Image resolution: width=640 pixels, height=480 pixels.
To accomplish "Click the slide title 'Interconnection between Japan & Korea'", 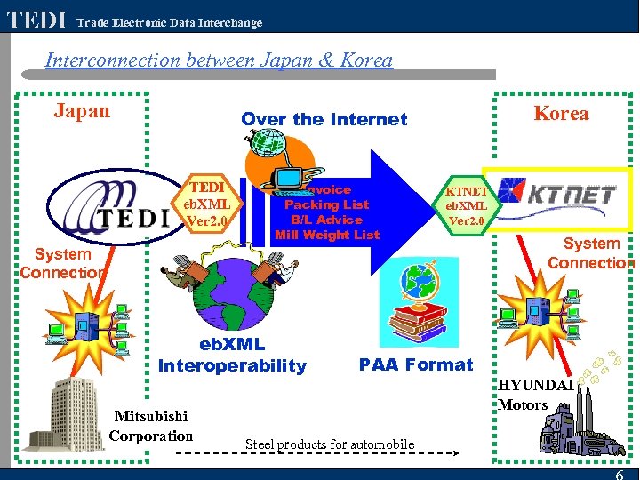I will tap(219, 60).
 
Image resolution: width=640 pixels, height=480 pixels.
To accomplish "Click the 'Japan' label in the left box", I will tap(82, 111).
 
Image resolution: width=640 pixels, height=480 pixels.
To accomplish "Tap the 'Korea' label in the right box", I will tap(561, 113).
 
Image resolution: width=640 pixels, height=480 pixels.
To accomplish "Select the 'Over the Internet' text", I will tap(324, 119).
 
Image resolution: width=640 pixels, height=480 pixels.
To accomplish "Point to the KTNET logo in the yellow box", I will tap(557, 191).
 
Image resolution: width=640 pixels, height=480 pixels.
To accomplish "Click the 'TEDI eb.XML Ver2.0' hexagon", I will tap(206, 204).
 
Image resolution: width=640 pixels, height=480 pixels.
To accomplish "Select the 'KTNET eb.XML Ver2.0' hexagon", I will tap(466, 205).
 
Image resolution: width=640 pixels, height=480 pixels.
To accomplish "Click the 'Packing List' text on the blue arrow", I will tap(326, 204).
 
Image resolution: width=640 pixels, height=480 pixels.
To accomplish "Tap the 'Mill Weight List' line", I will tap(326, 235).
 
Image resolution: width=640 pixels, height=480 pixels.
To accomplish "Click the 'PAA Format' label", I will tap(416, 364).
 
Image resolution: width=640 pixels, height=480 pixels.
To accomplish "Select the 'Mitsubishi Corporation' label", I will tap(150, 426).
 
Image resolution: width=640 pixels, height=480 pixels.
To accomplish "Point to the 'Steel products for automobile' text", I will tap(330, 444).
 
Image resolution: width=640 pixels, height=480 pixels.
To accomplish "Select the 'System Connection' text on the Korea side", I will tap(591, 253).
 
